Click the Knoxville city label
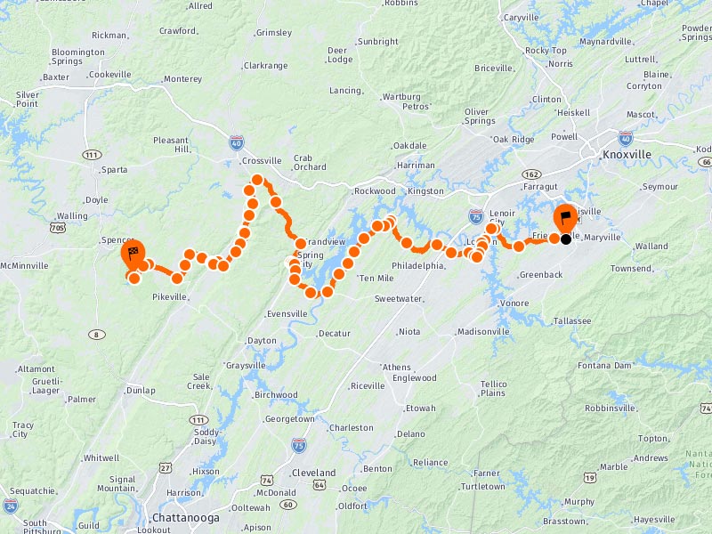click(x=627, y=154)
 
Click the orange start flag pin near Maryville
click(x=565, y=218)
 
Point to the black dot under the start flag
click(x=565, y=239)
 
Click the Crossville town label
click(x=262, y=161)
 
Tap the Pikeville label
click(x=170, y=296)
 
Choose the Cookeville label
click(x=110, y=75)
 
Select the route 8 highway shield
click(x=93, y=334)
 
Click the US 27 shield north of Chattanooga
click(x=166, y=467)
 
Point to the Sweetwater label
click(x=398, y=299)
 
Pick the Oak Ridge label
click(x=514, y=140)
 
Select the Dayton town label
click(x=262, y=341)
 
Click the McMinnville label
click(x=24, y=265)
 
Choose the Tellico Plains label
click(x=493, y=388)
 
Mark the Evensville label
click(x=287, y=314)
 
